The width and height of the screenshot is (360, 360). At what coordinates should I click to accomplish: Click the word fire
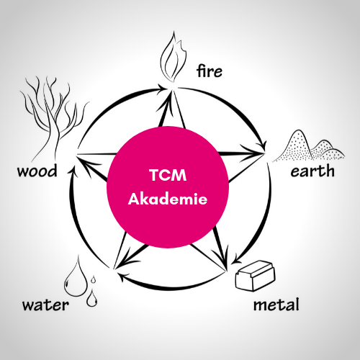coord(210,71)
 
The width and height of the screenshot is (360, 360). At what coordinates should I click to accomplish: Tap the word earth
coord(312,171)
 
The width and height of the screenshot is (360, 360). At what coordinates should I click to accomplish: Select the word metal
coord(276,305)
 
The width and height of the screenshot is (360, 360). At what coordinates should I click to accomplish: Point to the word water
coord(45,305)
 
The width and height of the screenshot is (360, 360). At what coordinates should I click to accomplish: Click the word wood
coord(37,171)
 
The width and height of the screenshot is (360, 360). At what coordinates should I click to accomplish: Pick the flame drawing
coord(173,58)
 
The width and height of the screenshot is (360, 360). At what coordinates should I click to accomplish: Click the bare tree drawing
coord(53,117)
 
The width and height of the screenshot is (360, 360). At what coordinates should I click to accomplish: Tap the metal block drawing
coord(255,276)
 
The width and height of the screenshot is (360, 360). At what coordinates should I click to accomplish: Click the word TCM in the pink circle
coord(168,175)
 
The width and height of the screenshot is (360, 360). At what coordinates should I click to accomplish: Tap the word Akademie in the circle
coord(168,199)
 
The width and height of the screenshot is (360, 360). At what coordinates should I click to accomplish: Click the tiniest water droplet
coord(94,279)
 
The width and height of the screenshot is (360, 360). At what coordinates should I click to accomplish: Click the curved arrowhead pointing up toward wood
coord(73,171)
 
